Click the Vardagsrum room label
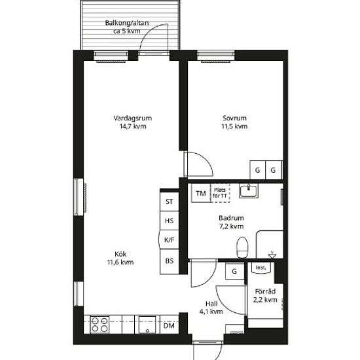pos(133,122)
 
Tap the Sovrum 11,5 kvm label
pos(234,122)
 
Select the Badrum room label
pos(231,222)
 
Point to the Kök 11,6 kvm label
pos(120,258)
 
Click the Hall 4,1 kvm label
pos(211,308)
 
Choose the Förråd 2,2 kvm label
pos(265,295)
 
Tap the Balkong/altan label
pos(127,27)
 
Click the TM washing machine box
pos(201,193)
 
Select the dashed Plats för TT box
pos(220,193)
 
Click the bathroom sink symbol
pos(249,190)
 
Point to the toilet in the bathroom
pos(242,247)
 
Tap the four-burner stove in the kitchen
pos(99,325)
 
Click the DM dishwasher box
pos(170,325)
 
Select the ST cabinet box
pos(170,202)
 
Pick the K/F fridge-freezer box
pos(169,240)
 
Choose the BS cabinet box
pos(170,261)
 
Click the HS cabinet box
pos(170,221)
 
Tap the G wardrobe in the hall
pos(234,271)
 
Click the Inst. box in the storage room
pos(261,268)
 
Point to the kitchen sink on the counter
pos(147,325)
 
